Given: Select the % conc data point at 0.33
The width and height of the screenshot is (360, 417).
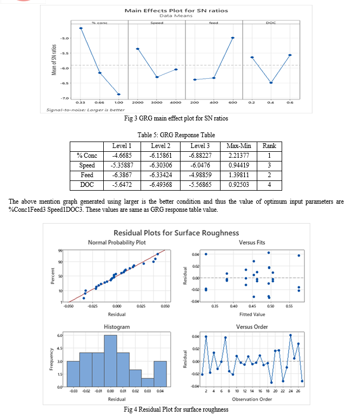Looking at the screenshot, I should point(81,28).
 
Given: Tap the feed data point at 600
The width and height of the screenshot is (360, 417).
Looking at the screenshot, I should point(233,38).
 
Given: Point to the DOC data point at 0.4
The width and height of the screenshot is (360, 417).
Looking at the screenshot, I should point(271,83).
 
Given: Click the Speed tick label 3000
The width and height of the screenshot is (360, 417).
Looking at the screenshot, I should point(157,102).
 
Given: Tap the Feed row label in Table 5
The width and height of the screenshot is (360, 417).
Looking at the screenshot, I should point(86,175).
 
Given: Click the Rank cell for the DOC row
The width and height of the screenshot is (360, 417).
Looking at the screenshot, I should point(269,185).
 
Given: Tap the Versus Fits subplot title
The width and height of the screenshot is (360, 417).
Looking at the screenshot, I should point(253,243).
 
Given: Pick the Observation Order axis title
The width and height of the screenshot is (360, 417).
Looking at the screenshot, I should point(253,400).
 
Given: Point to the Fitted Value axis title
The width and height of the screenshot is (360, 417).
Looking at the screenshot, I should point(252,313).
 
